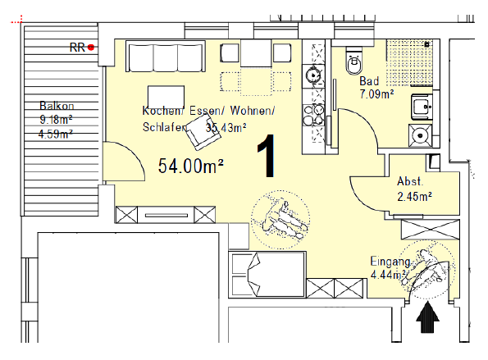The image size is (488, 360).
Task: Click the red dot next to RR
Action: click(90, 48)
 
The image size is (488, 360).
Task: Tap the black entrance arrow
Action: click(427, 318)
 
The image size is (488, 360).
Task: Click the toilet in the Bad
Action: click(354, 61)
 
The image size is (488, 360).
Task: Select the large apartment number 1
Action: click(266, 156)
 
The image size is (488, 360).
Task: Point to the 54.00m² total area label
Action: click(191, 166)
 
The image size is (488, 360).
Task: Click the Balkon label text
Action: click(57, 106)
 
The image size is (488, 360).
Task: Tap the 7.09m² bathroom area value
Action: click(376, 94)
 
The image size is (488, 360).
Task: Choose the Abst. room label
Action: click(410, 181)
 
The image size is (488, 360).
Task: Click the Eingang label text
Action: click(390, 262)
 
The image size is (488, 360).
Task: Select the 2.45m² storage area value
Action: click(414, 197)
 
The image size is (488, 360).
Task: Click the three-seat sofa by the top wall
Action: click(165, 57)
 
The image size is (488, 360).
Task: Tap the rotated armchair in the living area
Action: click(203, 132)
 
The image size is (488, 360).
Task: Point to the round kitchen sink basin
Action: click(312, 75)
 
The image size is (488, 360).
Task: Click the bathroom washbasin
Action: click(422, 107)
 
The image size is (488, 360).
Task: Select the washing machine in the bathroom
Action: click(420, 135)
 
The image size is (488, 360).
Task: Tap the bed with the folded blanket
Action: click(267, 275)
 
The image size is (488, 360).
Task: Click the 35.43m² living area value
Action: click(226, 127)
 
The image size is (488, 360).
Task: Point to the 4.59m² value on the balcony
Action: click(56, 134)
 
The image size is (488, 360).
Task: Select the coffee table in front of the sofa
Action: click(166, 97)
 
